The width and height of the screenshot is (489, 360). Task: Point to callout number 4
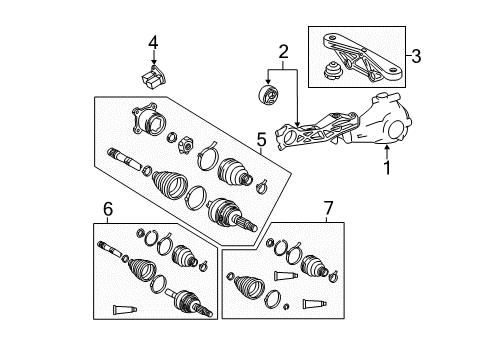click(x=153, y=41)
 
